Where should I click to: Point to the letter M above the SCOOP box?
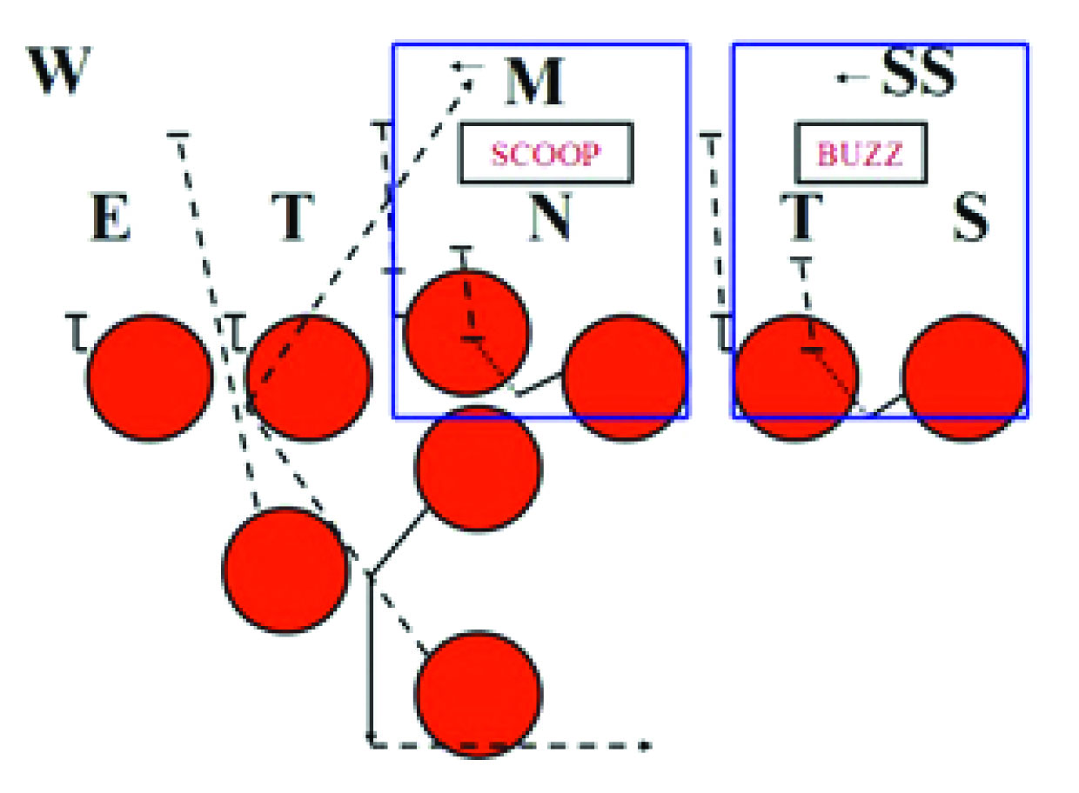click(534, 84)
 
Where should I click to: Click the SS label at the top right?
click(919, 77)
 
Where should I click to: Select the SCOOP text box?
click(546, 154)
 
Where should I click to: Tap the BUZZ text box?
click(860, 154)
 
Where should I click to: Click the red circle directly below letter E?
click(151, 377)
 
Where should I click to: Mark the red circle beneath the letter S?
click(964, 377)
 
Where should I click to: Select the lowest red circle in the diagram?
click(479, 694)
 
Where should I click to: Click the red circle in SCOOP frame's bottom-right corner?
click(625, 377)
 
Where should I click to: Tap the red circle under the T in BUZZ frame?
click(794, 377)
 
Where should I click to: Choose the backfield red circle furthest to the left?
click(285, 570)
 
